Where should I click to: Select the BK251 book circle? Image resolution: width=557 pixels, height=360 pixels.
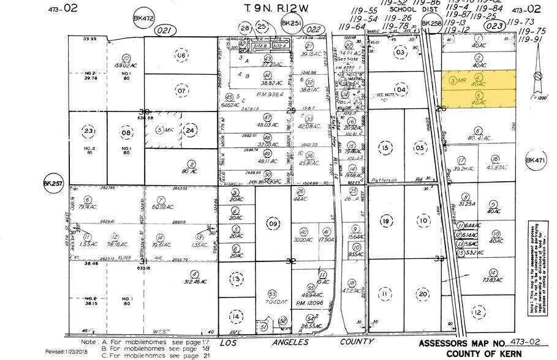[x=289, y=23]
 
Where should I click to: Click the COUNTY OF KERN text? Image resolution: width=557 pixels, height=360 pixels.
[x=485, y=353]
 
